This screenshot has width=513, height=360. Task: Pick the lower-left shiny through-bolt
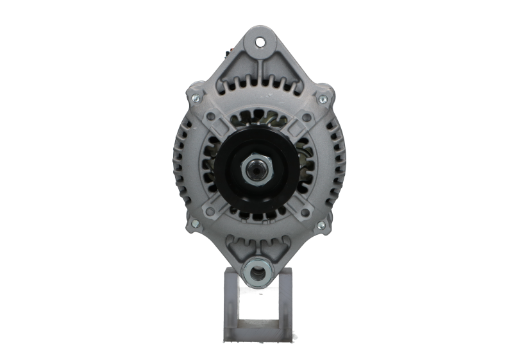click(194, 224)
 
